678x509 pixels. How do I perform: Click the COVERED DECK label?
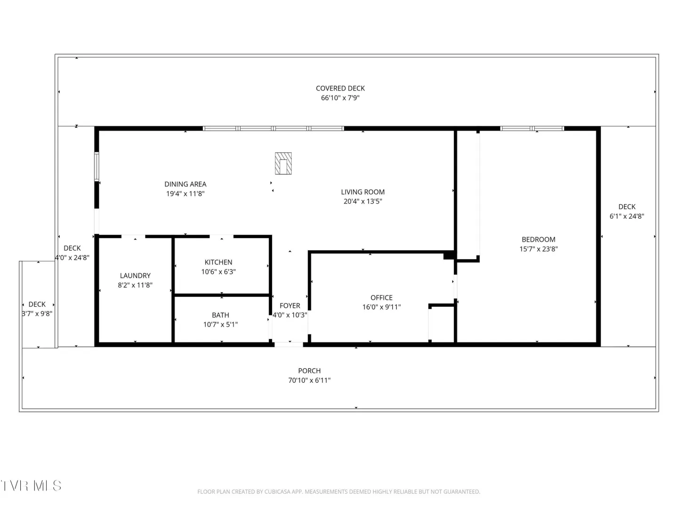point(340,89)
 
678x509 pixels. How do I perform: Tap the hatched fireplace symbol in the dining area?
point(283,163)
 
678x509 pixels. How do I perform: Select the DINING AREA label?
point(186,184)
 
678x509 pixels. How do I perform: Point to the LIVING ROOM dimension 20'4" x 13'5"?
point(363,202)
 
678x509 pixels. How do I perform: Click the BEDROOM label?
point(538,239)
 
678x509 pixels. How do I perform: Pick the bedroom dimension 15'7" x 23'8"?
point(538,249)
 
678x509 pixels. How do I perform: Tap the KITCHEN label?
point(218,263)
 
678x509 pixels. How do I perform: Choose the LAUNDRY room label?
point(135,276)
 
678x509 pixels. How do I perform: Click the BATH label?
point(220,315)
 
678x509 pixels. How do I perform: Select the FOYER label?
point(290,306)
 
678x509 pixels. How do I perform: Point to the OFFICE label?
point(381,297)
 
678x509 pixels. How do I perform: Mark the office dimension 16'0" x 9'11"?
point(381,307)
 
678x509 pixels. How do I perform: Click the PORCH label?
point(309,371)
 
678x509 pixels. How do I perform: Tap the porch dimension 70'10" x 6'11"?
point(309,380)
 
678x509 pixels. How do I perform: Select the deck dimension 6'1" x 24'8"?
point(627,216)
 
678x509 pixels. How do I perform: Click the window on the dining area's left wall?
point(97,166)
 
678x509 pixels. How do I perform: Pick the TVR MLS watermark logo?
point(31,485)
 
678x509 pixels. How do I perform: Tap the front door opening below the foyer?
point(289,344)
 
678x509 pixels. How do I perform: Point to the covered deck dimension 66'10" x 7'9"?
point(340,98)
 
